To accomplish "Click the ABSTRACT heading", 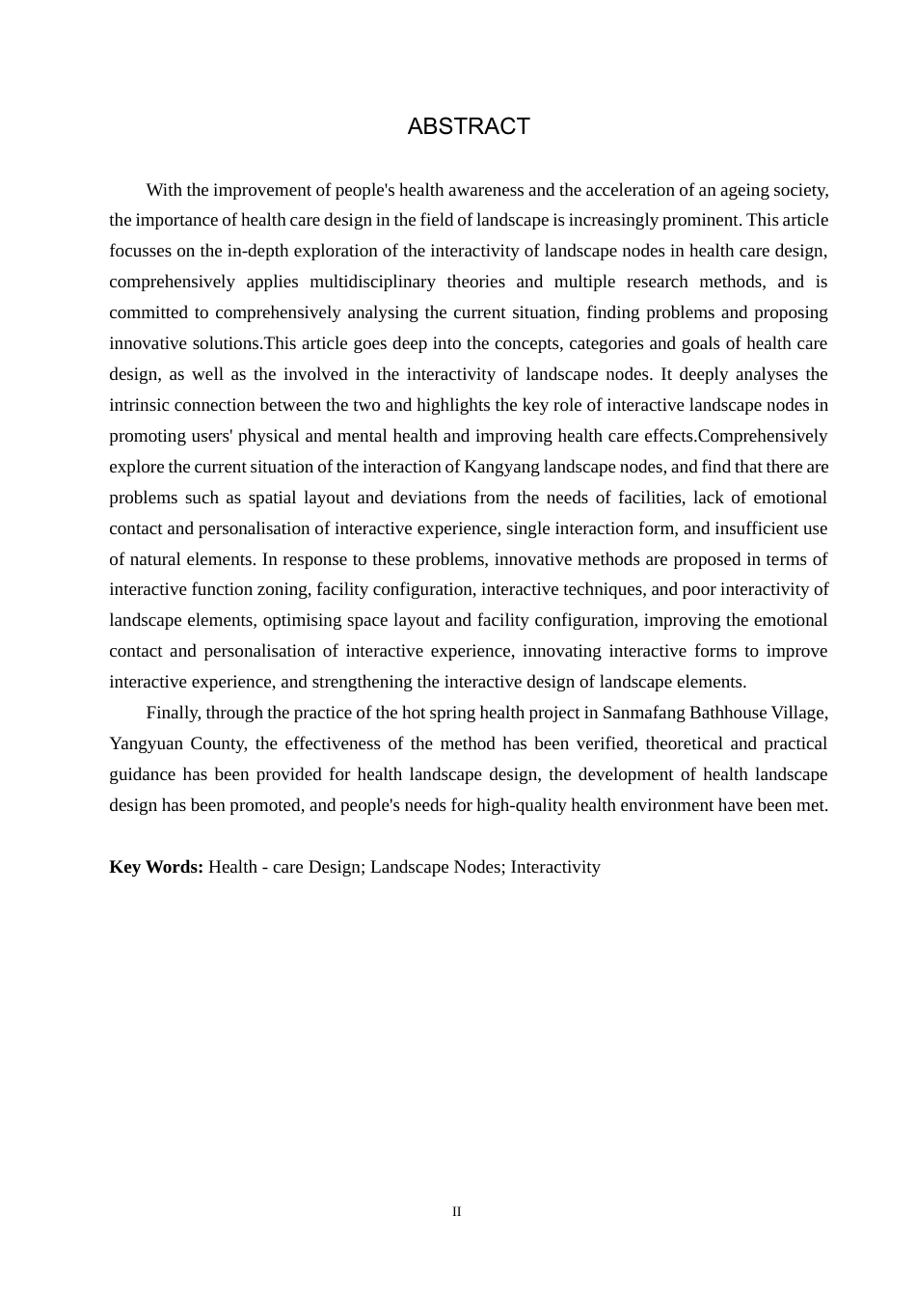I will (469, 127).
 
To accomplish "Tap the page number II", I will (457, 1212).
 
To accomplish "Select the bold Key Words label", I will (156, 867).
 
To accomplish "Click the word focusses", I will (140, 251).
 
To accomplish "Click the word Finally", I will (174, 713).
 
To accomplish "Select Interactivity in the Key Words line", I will (555, 867).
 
